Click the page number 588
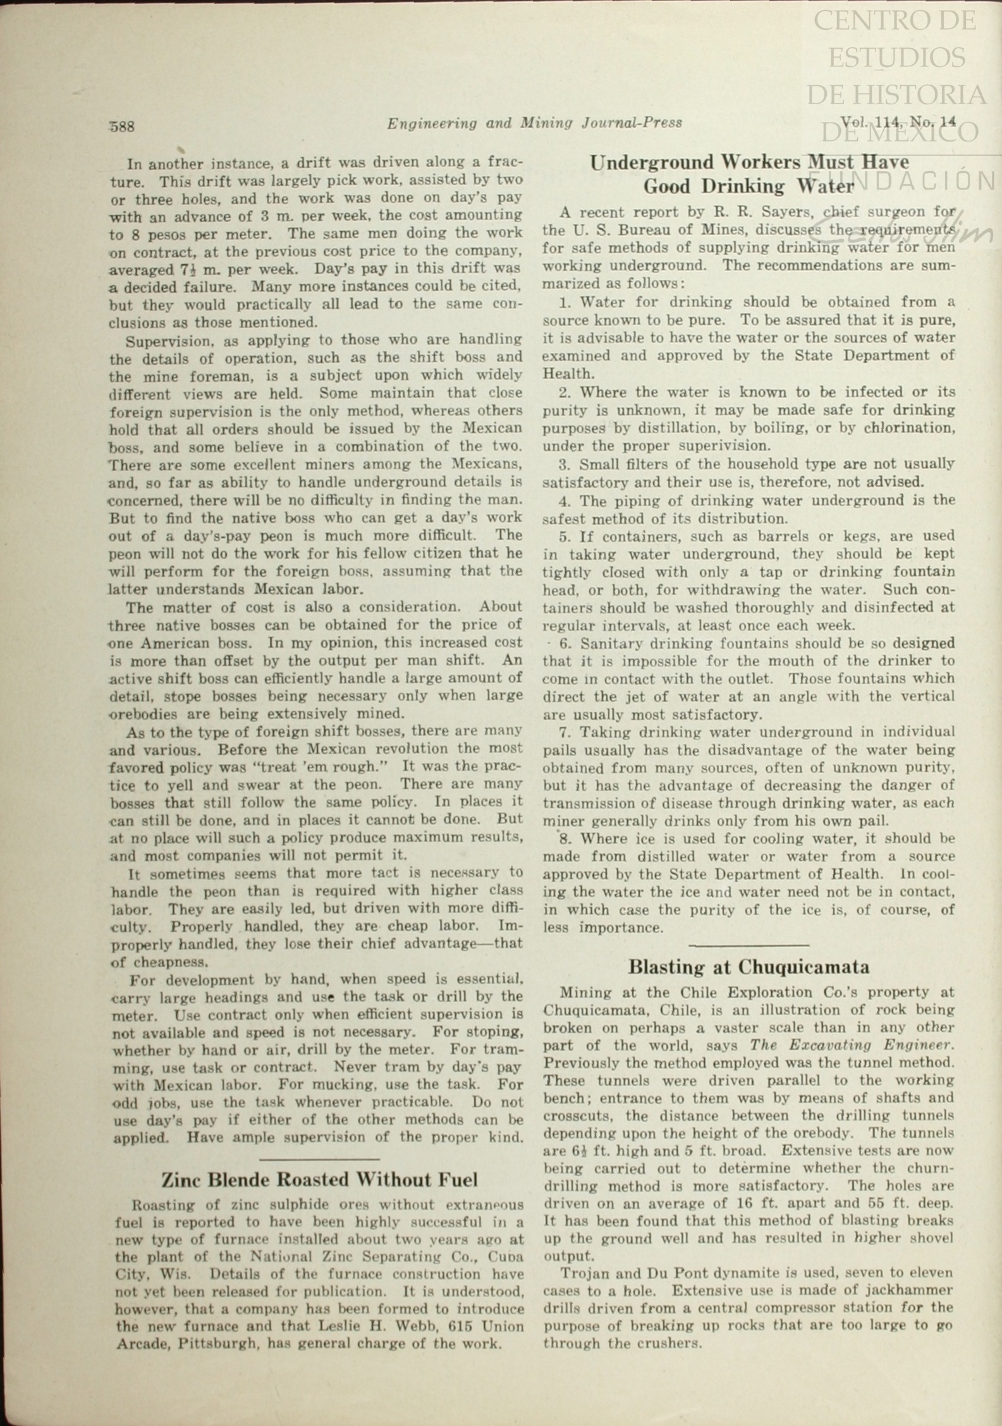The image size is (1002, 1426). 122,126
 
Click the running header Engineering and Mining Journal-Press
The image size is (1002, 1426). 534,123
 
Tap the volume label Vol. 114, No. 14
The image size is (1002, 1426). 898,122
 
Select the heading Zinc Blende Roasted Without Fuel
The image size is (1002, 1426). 319,1180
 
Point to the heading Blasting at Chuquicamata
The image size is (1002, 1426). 748,967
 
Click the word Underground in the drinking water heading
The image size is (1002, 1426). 652,163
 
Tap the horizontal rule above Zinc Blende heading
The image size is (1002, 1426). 319,1159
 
